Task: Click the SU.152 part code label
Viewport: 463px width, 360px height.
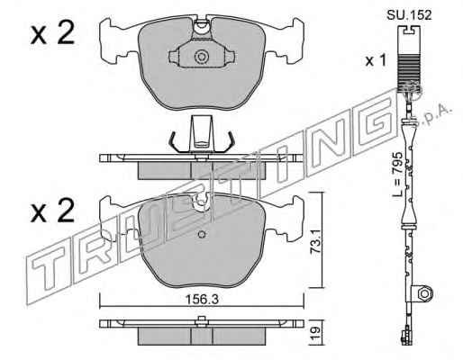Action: [x=409, y=14]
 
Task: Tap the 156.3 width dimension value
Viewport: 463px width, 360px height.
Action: [x=201, y=299]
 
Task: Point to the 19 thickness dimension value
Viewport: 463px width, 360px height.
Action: [x=314, y=332]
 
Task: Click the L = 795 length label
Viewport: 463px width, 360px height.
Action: [x=397, y=174]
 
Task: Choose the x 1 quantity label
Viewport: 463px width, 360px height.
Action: [x=375, y=61]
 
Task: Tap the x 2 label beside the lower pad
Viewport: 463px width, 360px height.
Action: [x=52, y=211]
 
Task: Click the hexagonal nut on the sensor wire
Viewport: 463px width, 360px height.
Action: [x=423, y=292]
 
